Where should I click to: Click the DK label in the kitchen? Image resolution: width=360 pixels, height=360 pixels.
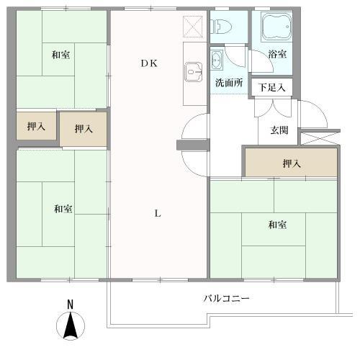coord(149,63)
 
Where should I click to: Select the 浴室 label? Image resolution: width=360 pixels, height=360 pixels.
coord(276,54)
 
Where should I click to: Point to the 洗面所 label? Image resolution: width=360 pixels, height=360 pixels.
coord(228,82)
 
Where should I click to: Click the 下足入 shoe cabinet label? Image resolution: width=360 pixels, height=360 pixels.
coord(272,88)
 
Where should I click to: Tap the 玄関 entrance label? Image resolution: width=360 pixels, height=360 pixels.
coord(279,130)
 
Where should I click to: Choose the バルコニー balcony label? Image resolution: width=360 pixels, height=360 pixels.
coord(227,298)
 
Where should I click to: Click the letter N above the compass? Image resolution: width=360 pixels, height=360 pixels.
coord(70,305)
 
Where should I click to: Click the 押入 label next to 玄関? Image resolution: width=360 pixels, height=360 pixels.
coord(291,164)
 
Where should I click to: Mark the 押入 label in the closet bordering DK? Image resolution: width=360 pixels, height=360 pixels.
coord(84,129)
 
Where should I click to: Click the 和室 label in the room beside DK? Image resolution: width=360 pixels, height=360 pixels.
coord(61,54)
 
